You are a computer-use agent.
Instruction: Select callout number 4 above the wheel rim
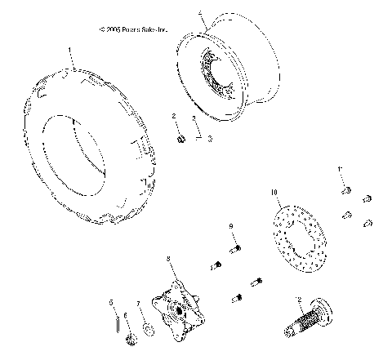tap(201, 14)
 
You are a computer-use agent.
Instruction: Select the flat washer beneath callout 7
tap(147, 331)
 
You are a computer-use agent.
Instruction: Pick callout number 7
tap(139, 303)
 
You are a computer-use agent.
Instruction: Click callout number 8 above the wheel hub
tap(168, 259)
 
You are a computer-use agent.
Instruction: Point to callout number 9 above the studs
tap(231, 226)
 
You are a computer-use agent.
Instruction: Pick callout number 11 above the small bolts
tap(340, 168)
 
